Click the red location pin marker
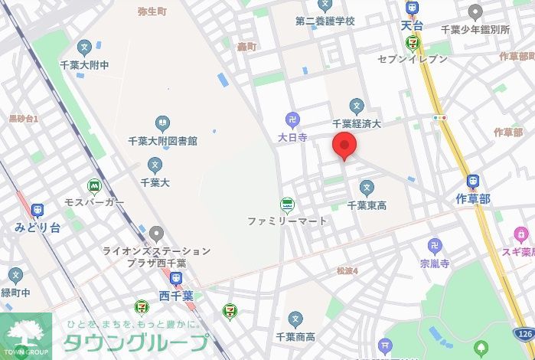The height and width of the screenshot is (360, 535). [344, 145]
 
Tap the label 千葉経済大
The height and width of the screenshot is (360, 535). [356, 123]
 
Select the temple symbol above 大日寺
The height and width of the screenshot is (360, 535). [292, 119]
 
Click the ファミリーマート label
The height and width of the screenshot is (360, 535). [287, 221]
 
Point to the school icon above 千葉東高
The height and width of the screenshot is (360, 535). [367, 187]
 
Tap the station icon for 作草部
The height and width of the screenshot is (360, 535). [473, 182]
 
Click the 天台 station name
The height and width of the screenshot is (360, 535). [412, 25]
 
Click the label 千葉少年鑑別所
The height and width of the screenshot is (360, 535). [475, 30]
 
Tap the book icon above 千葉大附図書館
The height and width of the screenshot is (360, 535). [162, 123]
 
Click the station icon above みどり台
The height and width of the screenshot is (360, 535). [37, 211]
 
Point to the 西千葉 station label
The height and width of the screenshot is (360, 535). [176, 296]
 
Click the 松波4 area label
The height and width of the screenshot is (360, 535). [347, 271]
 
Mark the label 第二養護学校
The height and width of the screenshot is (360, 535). [325, 21]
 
